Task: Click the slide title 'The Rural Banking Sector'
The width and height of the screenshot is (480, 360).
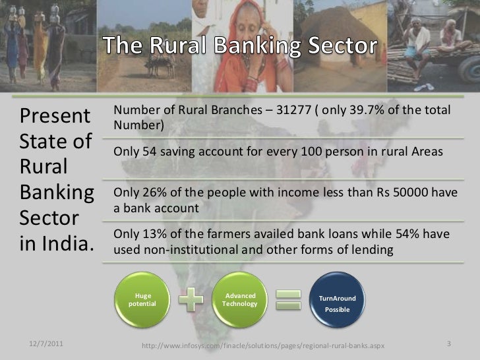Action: pos(240,47)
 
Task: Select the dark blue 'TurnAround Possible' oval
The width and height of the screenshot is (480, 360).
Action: pos(337,303)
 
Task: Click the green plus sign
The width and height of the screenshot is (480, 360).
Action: pos(191,299)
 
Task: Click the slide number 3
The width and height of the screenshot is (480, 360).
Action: pos(448,344)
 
